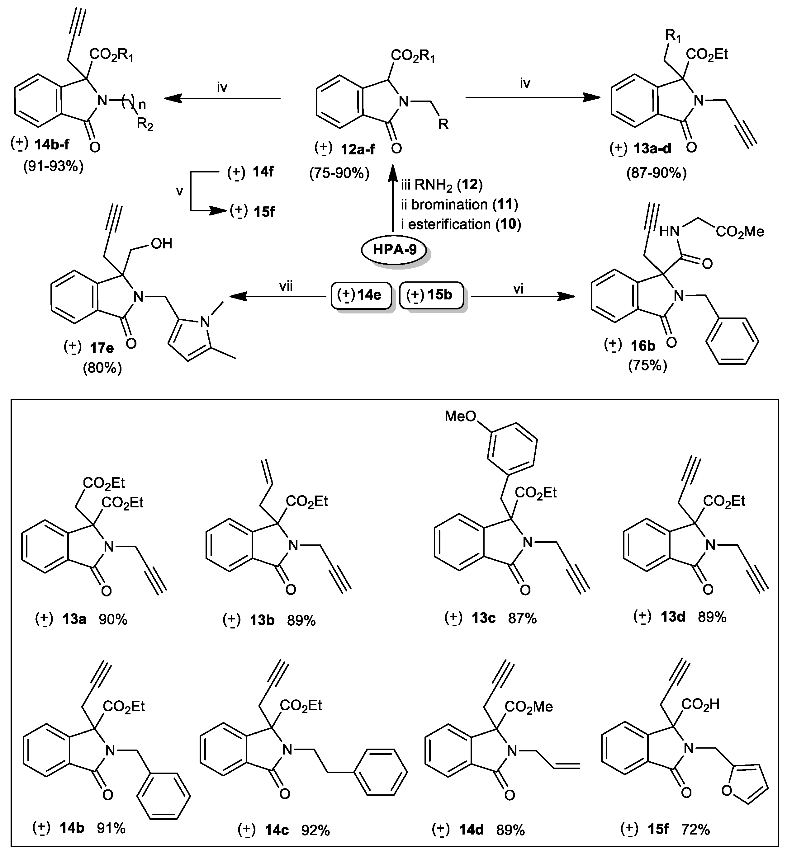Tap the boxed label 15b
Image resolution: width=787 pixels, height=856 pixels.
[x=431, y=294]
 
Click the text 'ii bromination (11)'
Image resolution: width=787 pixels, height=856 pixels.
[x=459, y=205]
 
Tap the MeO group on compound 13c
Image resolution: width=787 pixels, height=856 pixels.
[x=460, y=416]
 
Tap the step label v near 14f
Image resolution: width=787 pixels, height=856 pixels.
[x=180, y=191]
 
